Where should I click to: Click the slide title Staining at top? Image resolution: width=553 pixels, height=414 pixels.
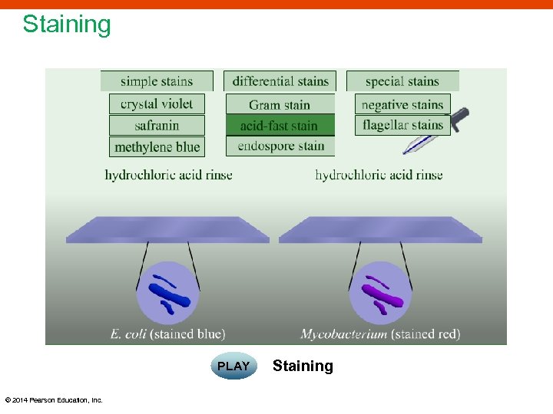click(x=67, y=25)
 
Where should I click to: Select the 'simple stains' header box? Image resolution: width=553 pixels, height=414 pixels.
click(x=157, y=80)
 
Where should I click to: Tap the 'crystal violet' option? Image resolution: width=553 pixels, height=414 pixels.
click(x=157, y=104)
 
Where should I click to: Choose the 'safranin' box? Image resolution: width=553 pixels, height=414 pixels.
click(x=157, y=125)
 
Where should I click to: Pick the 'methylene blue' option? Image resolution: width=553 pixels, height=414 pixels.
click(x=157, y=146)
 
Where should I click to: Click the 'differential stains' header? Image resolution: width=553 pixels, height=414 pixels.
click(x=280, y=80)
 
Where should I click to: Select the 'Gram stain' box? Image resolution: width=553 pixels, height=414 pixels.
click(x=280, y=104)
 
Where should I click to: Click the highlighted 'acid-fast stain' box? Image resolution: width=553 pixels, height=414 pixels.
click(x=280, y=125)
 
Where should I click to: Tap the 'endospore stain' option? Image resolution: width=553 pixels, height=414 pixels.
click(x=280, y=146)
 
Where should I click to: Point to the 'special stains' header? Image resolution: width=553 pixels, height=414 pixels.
click(x=402, y=80)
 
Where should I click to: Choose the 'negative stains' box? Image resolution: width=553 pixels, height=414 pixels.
click(x=402, y=104)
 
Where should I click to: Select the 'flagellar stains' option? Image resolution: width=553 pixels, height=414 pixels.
click(x=402, y=125)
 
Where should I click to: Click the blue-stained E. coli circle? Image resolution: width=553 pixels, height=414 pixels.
click(x=168, y=293)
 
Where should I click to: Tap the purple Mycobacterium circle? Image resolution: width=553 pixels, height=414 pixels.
click(x=380, y=293)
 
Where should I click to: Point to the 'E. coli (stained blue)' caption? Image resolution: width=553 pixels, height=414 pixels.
click(x=168, y=333)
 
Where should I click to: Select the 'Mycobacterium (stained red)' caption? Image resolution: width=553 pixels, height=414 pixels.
click(x=380, y=333)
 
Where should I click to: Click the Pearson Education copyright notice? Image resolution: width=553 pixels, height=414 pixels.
click(x=54, y=399)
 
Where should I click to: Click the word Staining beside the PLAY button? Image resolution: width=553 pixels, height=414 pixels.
click(x=303, y=366)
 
